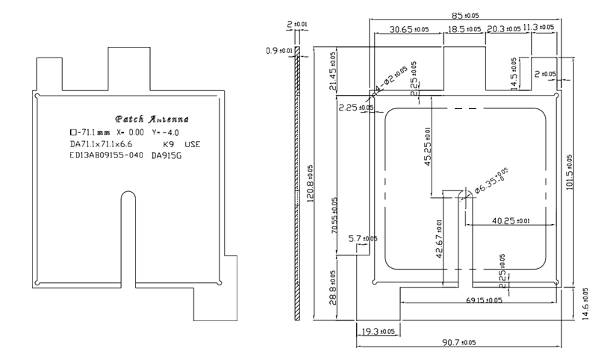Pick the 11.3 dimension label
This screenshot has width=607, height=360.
pos(538,28)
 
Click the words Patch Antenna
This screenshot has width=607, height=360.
pos(152,120)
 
